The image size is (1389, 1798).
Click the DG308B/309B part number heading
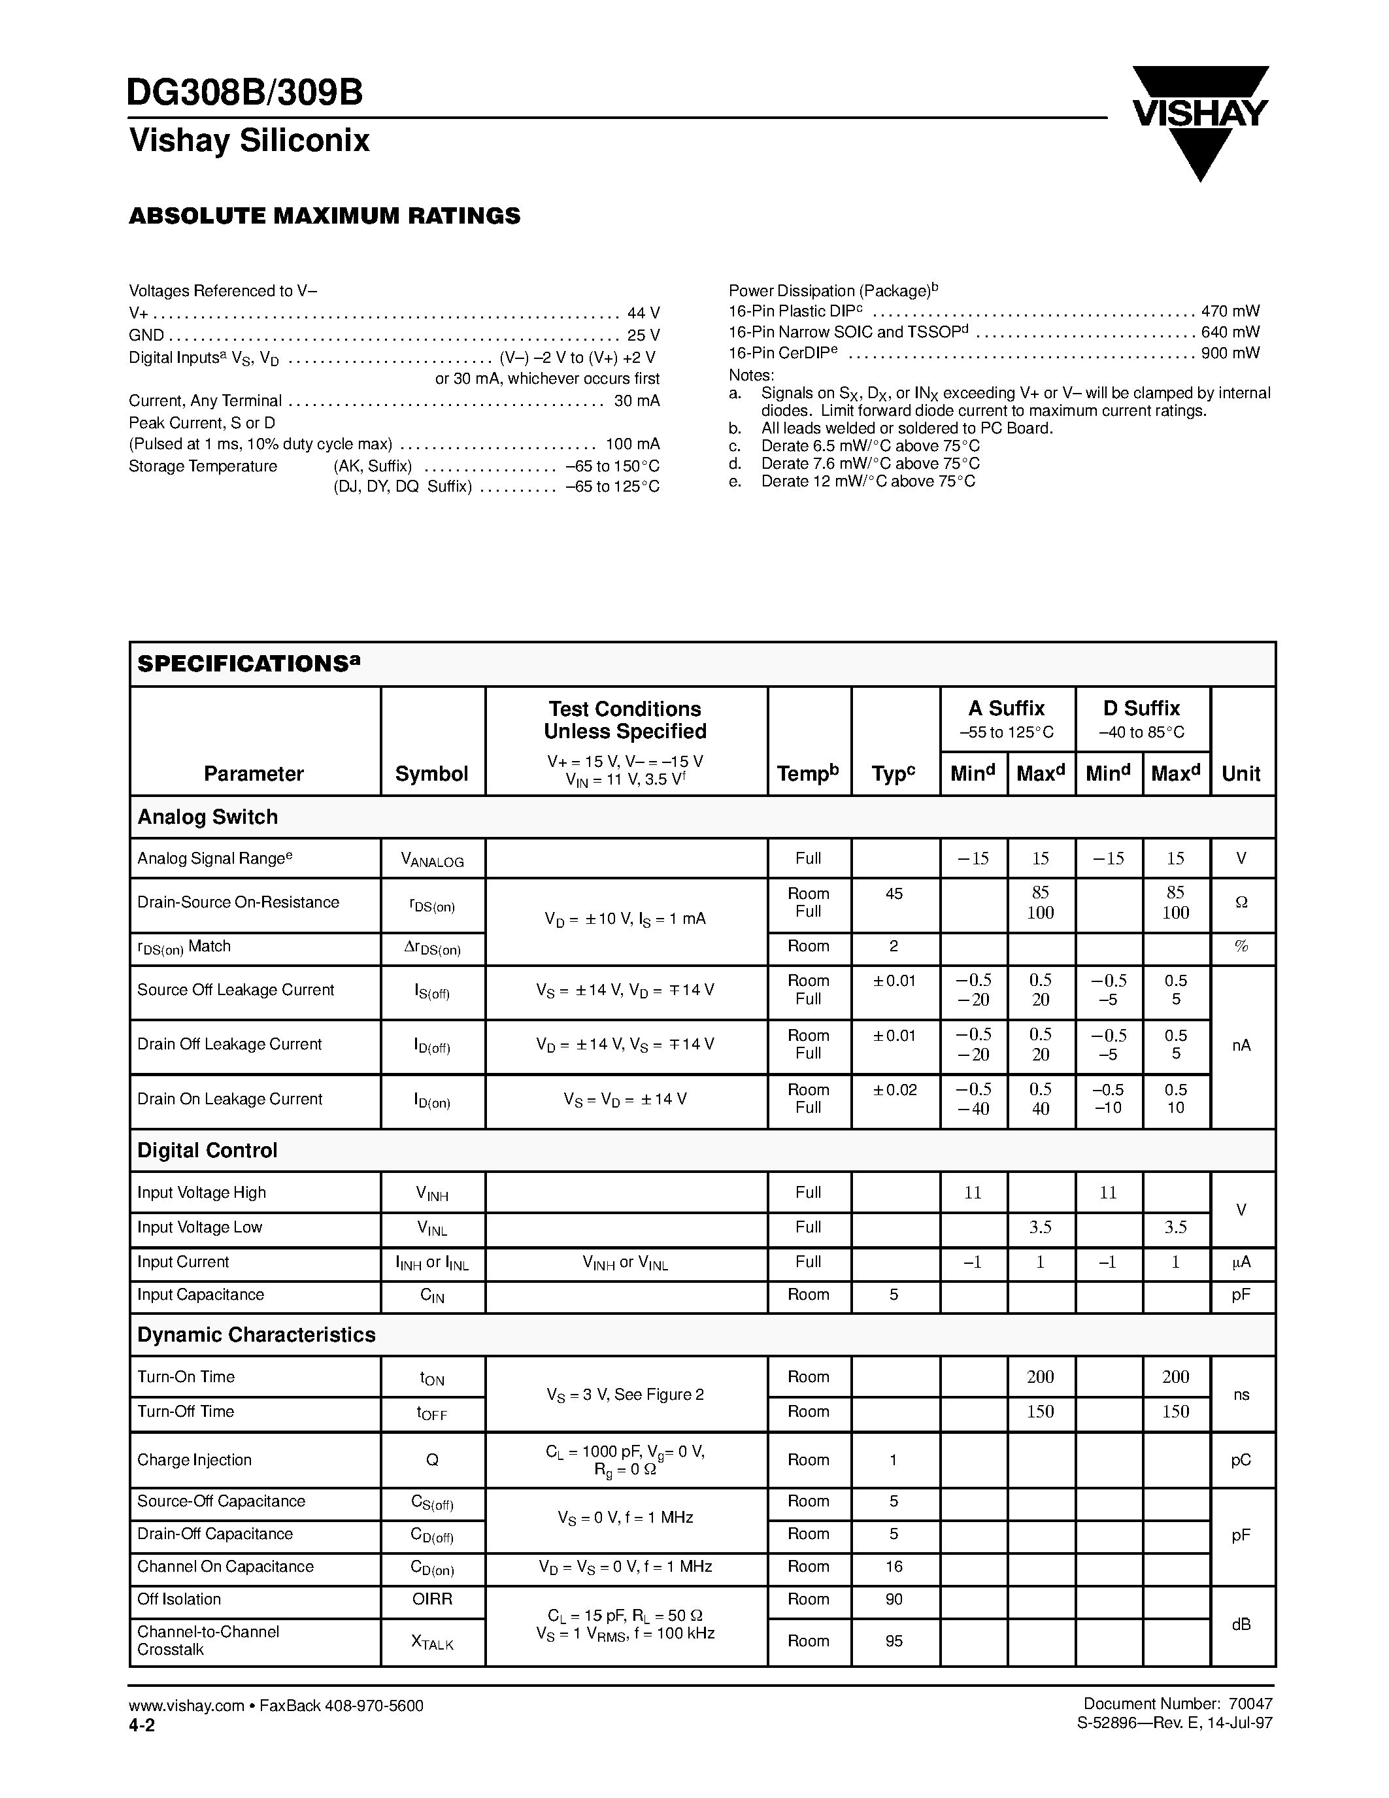[x=245, y=93]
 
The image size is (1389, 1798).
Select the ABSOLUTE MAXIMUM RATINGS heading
[x=324, y=216]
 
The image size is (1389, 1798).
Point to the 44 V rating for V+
[x=643, y=313]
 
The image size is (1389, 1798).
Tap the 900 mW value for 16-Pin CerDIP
[x=1230, y=353]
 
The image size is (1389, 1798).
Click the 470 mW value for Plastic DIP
[x=1230, y=311]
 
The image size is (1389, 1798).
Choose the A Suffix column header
[x=1007, y=708]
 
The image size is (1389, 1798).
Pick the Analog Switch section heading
[x=207, y=817]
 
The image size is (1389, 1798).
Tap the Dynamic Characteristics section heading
[x=256, y=1334]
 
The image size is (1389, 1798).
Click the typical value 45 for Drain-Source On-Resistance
[x=894, y=893]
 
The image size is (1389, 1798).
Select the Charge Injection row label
[x=194, y=1459]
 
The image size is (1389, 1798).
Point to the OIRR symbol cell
[x=431, y=1599]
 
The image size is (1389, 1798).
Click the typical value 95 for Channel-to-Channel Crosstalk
[x=894, y=1641]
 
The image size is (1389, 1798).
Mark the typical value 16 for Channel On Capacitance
[x=894, y=1566]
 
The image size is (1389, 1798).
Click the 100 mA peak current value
[x=632, y=444]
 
